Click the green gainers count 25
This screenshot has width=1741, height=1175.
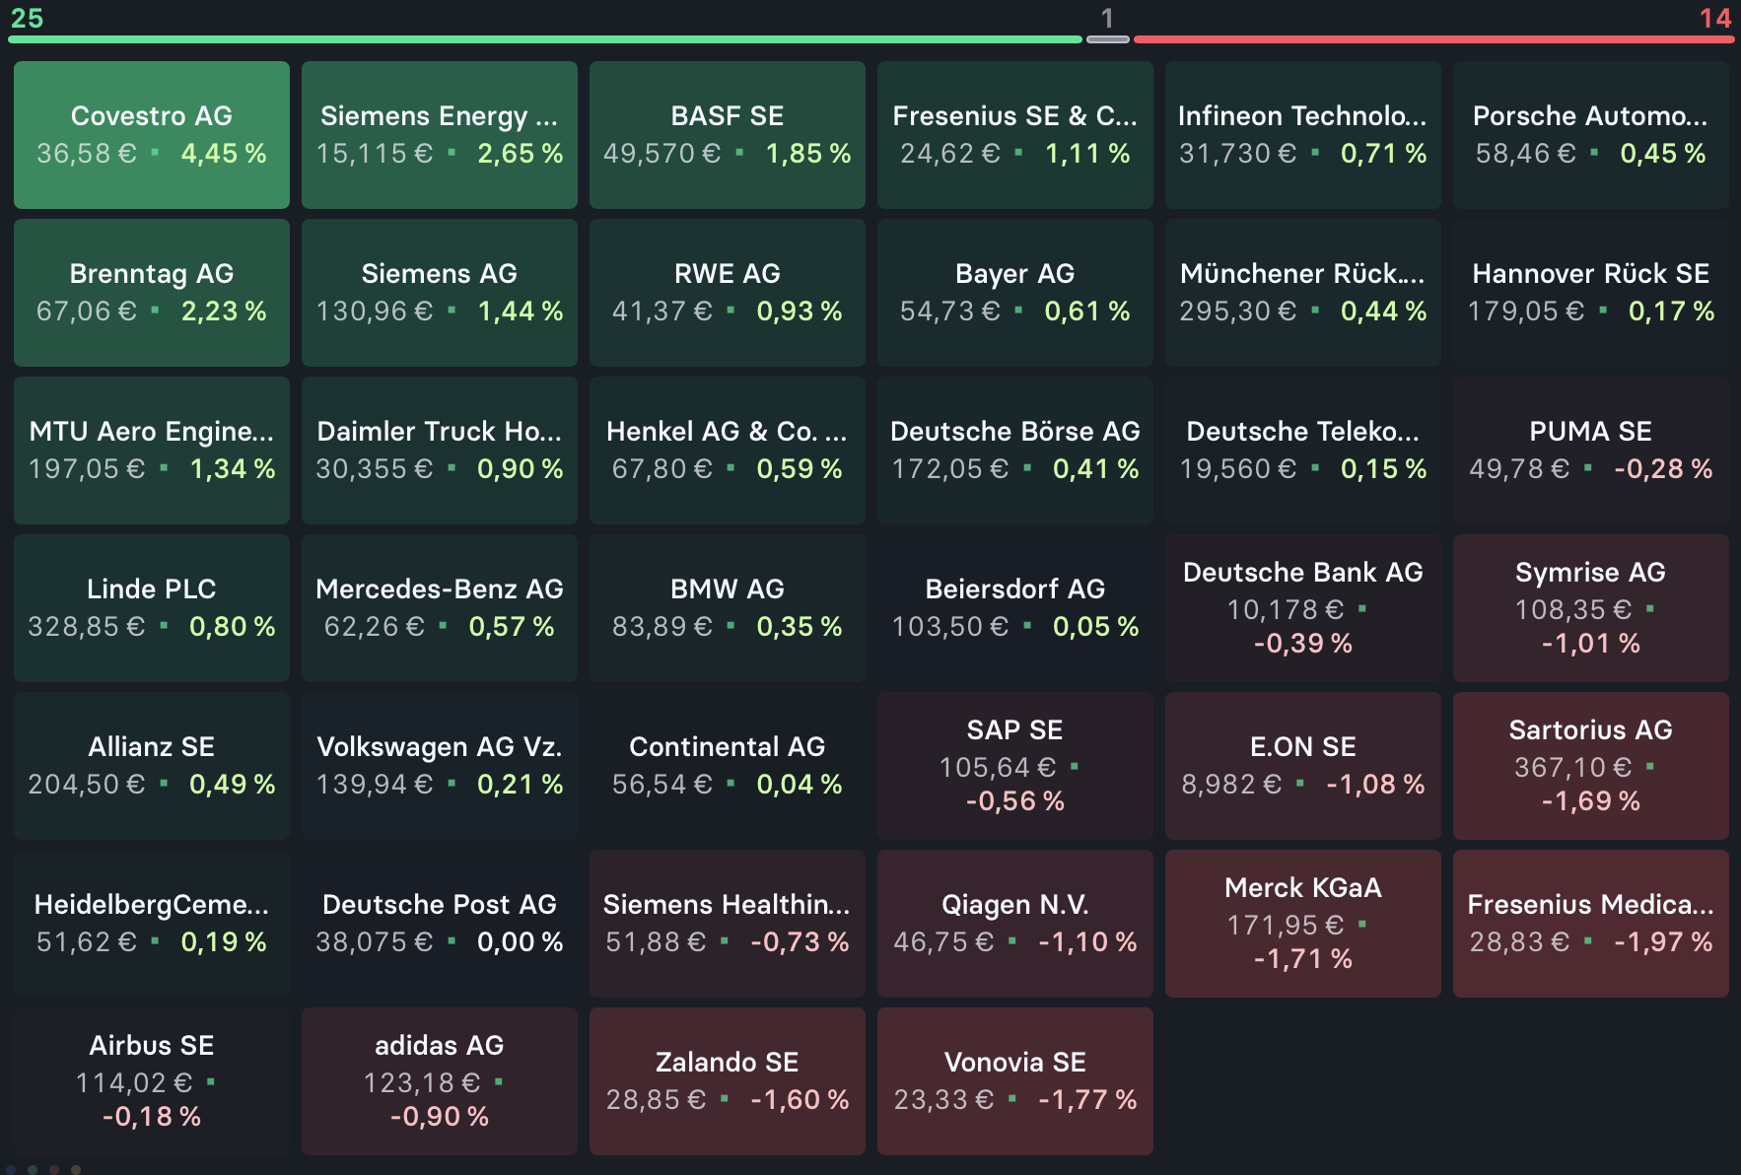point(27,18)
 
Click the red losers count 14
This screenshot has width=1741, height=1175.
point(1714,18)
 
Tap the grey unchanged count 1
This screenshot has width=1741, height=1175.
point(1107,18)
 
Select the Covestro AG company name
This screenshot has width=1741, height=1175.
point(152,116)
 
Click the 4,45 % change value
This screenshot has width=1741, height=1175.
point(224,154)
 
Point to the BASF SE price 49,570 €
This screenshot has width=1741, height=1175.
point(662,154)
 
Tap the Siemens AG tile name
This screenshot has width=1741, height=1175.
point(440,274)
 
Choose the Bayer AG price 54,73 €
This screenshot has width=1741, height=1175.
point(949,311)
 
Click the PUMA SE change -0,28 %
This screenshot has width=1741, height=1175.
point(1663,469)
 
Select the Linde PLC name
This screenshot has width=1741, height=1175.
point(152,589)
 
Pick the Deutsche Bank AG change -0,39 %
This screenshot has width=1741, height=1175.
point(1302,644)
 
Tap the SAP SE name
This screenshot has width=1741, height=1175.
point(1014,730)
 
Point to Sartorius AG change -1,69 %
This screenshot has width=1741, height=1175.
point(1590,801)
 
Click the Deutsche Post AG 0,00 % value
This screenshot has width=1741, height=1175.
point(520,942)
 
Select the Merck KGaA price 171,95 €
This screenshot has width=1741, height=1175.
point(1286,926)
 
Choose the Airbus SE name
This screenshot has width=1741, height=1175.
point(152,1046)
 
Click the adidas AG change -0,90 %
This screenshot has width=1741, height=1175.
point(440,1117)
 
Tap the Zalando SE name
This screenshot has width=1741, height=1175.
point(728,1063)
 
